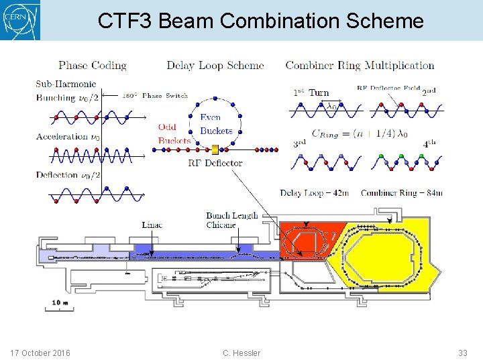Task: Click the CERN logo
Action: click(x=20, y=20)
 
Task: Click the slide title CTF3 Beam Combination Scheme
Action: click(x=260, y=21)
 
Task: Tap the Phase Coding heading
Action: click(x=93, y=66)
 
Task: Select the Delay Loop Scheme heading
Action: click(x=215, y=66)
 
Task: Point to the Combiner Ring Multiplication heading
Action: click(x=360, y=66)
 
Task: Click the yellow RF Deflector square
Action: click(x=215, y=150)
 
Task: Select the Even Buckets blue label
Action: click(x=216, y=124)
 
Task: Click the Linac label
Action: click(x=152, y=225)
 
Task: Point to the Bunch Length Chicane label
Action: click(x=231, y=220)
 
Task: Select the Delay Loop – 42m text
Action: click(x=315, y=193)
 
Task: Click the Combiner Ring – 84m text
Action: click(x=402, y=193)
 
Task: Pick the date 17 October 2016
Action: click(x=40, y=353)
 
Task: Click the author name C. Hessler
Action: click(x=241, y=353)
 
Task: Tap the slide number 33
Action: click(x=462, y=353)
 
